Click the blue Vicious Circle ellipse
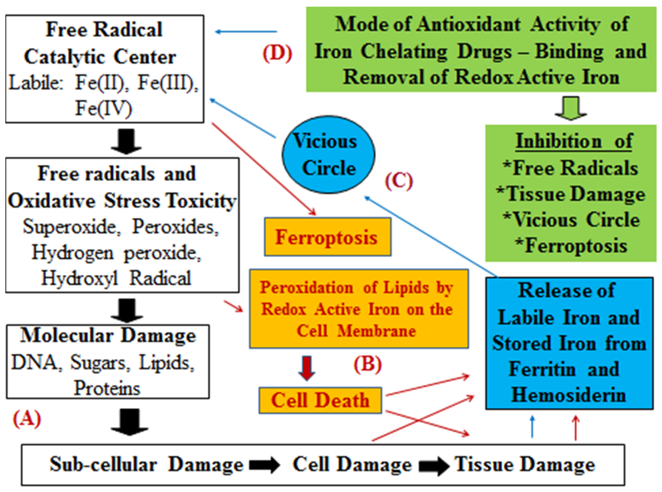[328, 155]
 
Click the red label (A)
[27, 418]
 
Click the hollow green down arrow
[571, 108]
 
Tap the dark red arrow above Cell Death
[307, 368]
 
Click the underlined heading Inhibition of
[574, 141]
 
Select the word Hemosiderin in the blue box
[568, 395]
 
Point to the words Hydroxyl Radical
[116, 278]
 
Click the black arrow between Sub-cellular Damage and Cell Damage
[264, 465]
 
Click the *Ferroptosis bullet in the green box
[571, 246]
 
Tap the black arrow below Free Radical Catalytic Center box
[126, 141]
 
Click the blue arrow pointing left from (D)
[246, 31]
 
